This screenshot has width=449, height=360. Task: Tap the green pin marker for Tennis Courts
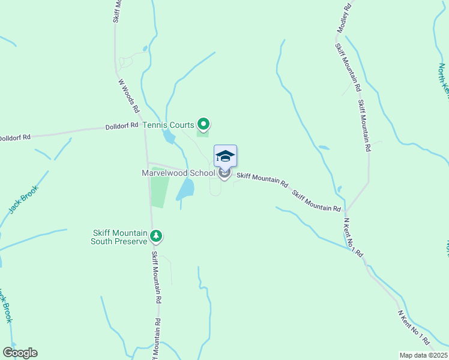(203, 125)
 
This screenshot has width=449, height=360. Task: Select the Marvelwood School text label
(178, 173)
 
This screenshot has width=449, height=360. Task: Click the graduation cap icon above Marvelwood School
(225, 156)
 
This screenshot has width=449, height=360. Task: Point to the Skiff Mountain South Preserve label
(119, 237)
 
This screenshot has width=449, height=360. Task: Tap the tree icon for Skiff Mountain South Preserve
(156, 236)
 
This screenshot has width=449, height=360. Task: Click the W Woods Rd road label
(128, 97)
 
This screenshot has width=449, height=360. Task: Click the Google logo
(20, 353)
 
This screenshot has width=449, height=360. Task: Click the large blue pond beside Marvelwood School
(186, 190)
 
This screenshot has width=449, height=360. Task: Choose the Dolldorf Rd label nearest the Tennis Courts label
(122, 125)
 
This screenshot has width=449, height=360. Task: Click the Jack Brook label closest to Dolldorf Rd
(23, 199)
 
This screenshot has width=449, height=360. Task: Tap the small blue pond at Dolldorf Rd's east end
(168, 137)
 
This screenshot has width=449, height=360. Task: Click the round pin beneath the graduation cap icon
(224, 174)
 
